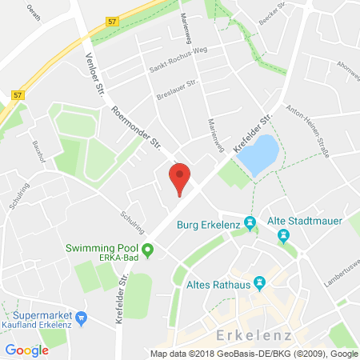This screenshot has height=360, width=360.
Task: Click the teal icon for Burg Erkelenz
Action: [250, 222]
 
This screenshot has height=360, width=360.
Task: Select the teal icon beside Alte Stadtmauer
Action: [282, 236]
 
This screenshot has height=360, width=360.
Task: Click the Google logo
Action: [27, 350]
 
